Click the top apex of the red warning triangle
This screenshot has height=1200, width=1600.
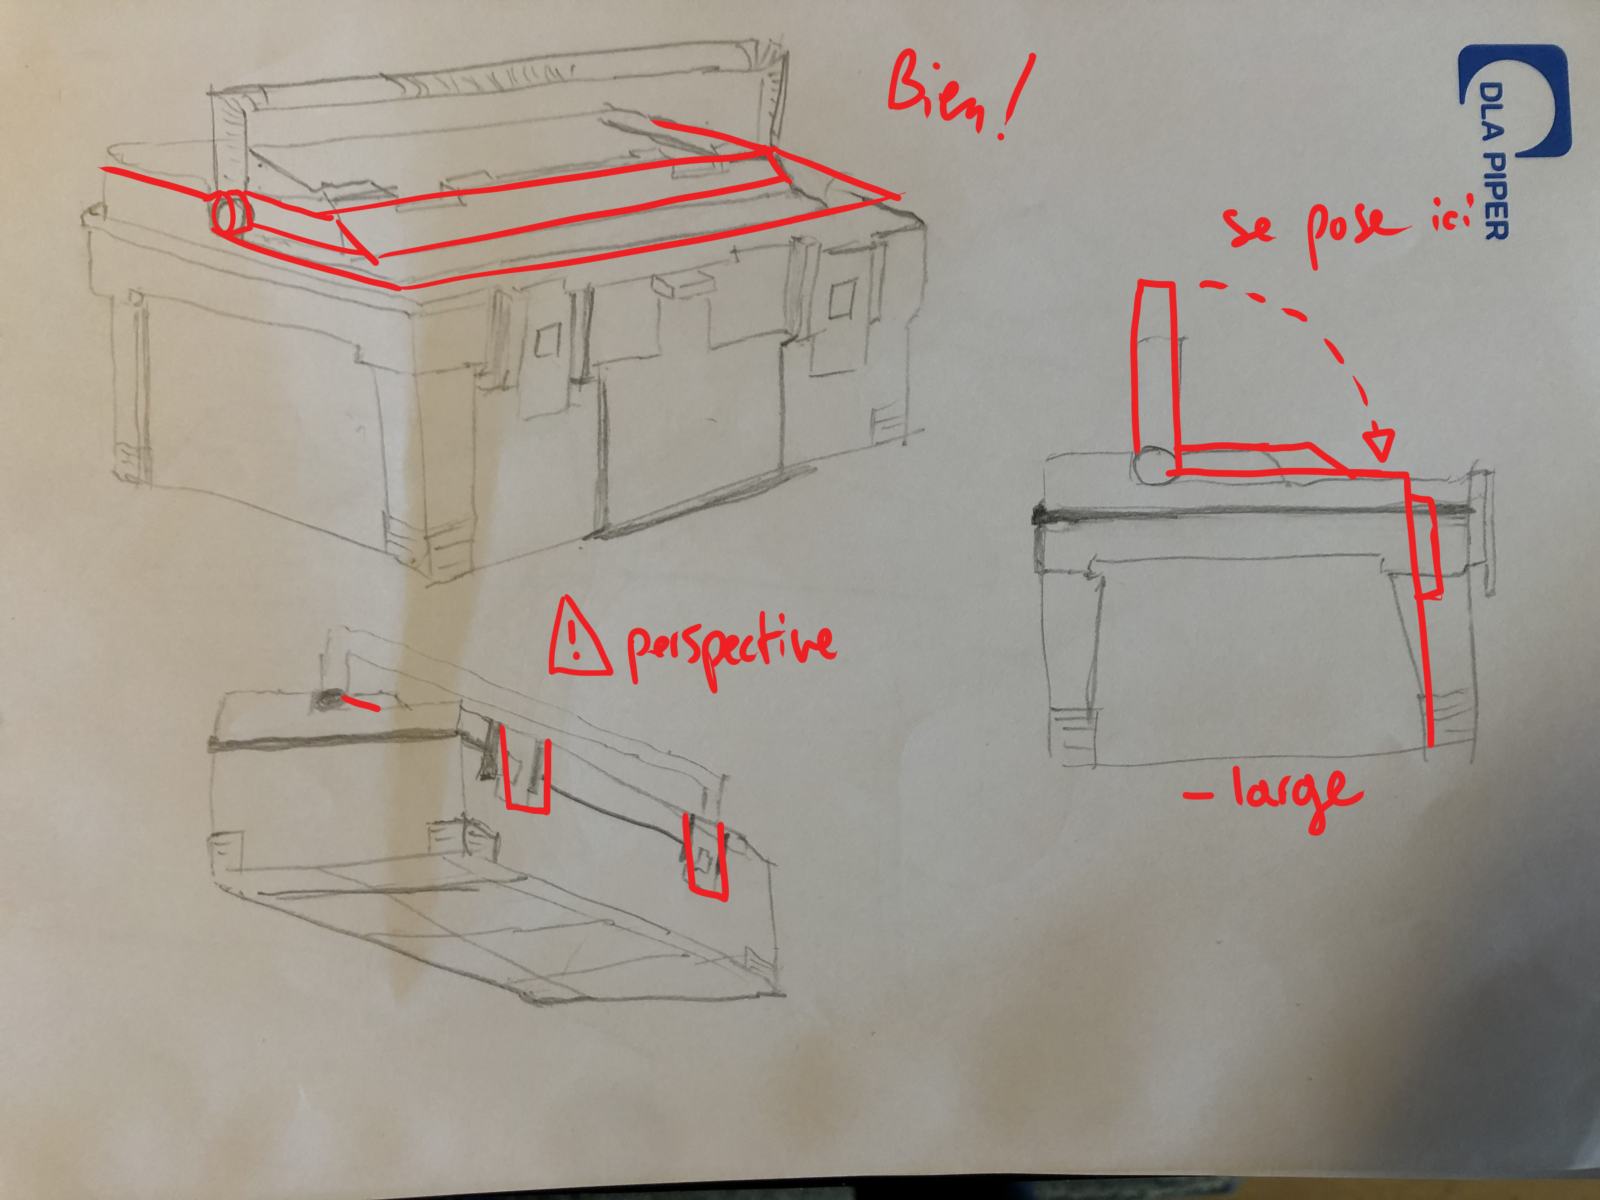[569, 598]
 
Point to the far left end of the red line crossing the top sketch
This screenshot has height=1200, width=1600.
[101, 169]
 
